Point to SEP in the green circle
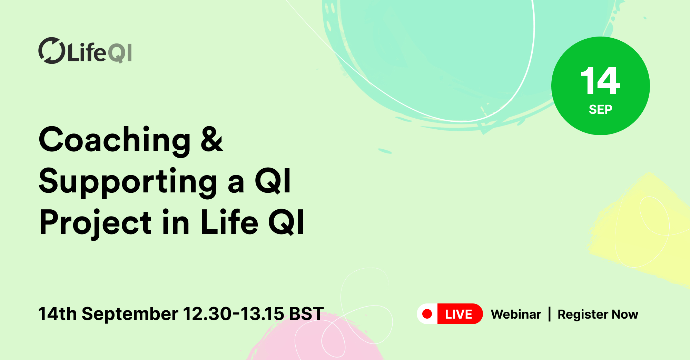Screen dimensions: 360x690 point(600,110)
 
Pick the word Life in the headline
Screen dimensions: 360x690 point(229,222)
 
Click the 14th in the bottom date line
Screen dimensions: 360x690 point(57,314)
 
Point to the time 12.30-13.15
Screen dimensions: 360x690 point(233,314)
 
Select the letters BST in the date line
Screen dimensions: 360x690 point(306,314)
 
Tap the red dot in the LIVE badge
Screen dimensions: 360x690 point(427,314)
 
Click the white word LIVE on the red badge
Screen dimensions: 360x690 point(459,314)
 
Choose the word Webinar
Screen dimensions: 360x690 point(516,314)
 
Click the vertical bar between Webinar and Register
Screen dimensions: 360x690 point(550,314)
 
